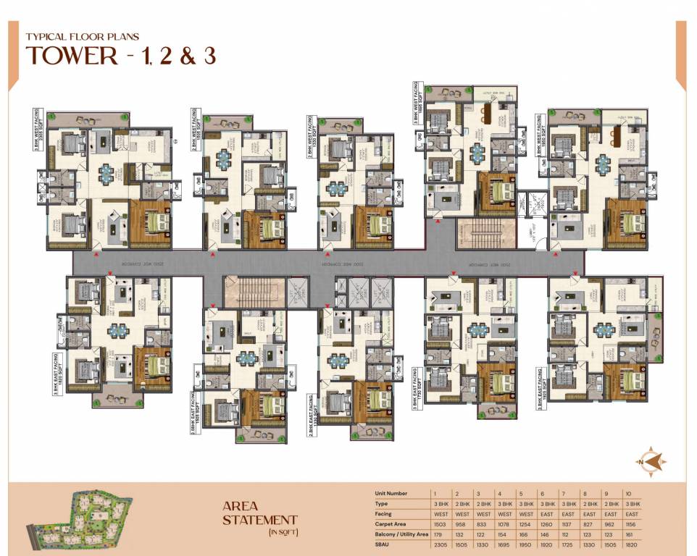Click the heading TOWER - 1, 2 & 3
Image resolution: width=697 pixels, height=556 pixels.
tap(121, 56)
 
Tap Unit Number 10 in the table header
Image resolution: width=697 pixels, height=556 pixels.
tap(627, 493)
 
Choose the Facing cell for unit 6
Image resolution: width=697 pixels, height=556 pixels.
tap(546, 513)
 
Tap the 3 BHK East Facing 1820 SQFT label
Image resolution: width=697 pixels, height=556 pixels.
tap(541, 389)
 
